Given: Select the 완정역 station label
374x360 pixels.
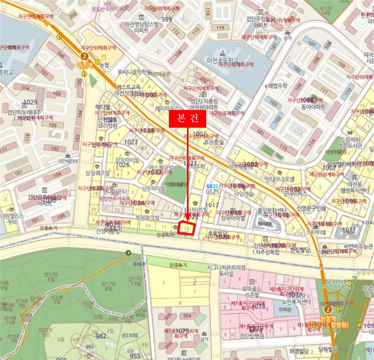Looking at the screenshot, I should [334, 317].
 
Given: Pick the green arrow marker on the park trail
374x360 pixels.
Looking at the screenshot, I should [128, 253].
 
